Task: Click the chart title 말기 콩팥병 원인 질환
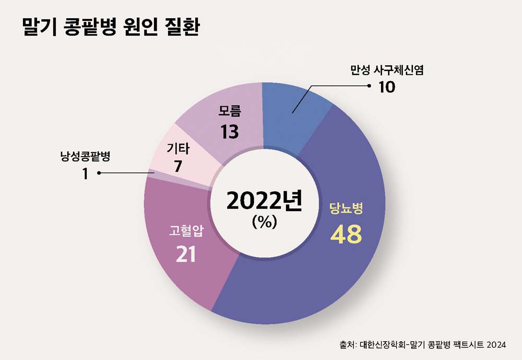(110, 28)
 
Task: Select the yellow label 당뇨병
(346, 209)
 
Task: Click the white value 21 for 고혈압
(186, 254)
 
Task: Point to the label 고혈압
(186, 231)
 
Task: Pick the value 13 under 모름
(229, 132)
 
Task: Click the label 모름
(230, 111)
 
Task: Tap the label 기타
(177, 149)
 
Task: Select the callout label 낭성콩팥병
(86, 156)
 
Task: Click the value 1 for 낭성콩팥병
(85, 173)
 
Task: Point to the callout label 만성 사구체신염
(387, 70)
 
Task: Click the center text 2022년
(264, 201)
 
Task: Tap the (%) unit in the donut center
(264, 222)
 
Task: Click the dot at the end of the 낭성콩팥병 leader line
(99, 173)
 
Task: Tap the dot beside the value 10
(369, 86)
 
